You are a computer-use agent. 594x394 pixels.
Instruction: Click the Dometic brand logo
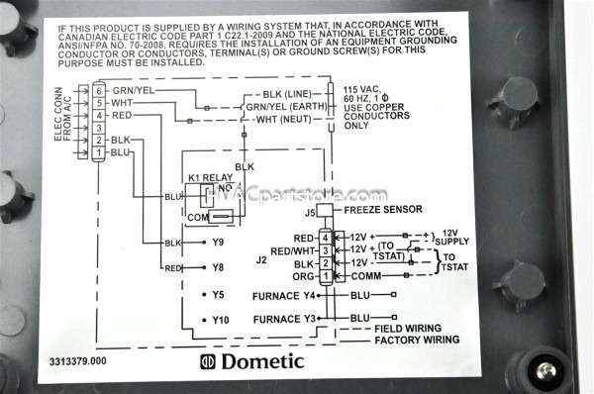coord(251,361)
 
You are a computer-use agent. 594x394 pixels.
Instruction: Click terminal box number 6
coord(98,89)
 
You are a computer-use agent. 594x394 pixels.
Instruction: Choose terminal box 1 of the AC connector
coord(98,153)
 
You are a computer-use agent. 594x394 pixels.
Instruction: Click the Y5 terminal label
coord(218,295)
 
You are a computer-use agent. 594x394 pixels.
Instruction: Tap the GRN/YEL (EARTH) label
coord(289,107)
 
